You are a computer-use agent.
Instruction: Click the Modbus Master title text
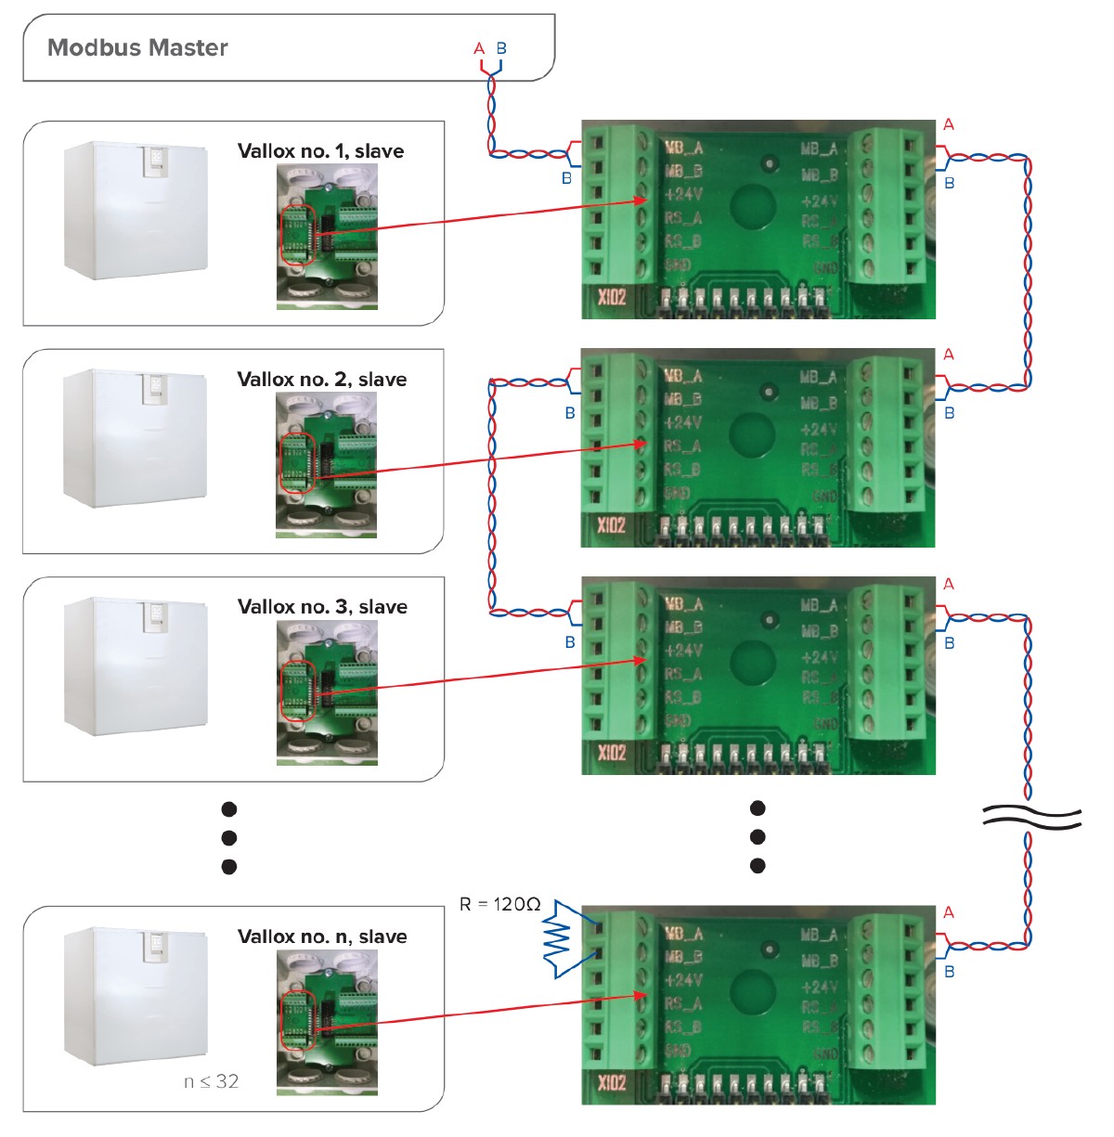pyautogui.click(x=137, y=48)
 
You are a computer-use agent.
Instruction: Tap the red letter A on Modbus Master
pyautogui.click(x=479, y=48)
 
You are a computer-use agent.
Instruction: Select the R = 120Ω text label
pyautogui.click(x=499, y=905)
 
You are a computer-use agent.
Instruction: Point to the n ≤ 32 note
pyautogui.click(x=211, y=1081)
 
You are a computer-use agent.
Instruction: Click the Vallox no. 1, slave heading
pyautogui.click(x=320, y=151)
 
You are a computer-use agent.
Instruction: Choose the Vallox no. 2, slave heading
pyautogui.click(x=321, y=380)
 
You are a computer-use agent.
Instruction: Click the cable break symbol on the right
pyautogui.click(x=1031, y=817)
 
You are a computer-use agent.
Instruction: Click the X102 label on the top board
pyautogui.click(x=612, y=298)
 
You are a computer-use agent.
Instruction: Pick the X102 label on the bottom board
pyautogui.click(x=612, y=1083)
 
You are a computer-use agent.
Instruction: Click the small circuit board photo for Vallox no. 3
pyautogui.click(x=327, y=692)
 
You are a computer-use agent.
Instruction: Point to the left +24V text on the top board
pyautogui.click(x=683, y=194)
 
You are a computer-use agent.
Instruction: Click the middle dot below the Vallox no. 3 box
pyautogui.click(x=229, y=838)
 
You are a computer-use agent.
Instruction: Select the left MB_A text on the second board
pyautogui.click(x=683, y=376)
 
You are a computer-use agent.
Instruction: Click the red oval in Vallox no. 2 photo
pyautogui.click(x=297, y=460)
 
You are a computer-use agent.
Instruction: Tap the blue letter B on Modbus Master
pyautogui.click(x=501, y=48)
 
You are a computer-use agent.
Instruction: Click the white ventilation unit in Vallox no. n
pyautogui.click(x=136, y=995)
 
